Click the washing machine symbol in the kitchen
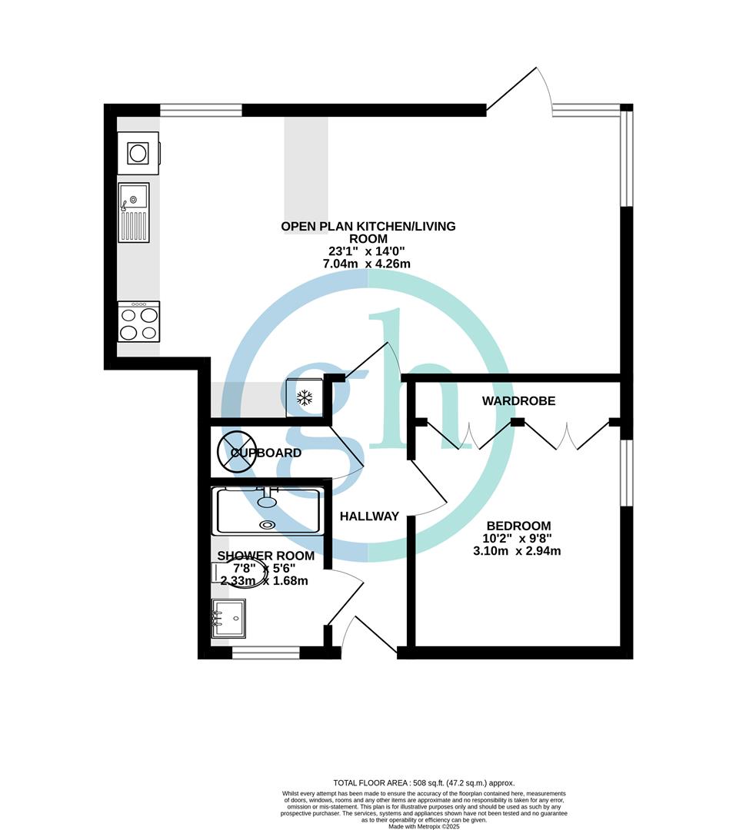(138, 153)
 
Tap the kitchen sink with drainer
(133, 213)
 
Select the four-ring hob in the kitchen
(138, 321)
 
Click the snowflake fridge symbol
(305, 397)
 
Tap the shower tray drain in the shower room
(267, 525)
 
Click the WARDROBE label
(518, 401)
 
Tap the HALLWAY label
(370, 516)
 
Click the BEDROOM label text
(518, 526)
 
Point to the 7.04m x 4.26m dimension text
(368, 264)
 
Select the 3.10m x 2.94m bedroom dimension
(517, 550)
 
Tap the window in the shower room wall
(265, 652)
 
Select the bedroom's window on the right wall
(627, 473)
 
